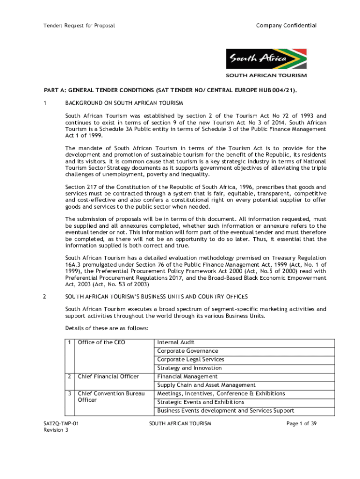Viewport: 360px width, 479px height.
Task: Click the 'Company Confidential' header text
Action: point(286,25)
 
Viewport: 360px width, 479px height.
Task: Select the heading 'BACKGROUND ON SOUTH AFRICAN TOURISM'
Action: point(124,102)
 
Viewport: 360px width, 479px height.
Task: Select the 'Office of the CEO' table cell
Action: point(101,342)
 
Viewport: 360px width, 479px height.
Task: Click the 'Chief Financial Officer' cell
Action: point(108,377)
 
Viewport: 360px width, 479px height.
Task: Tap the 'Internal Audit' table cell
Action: point(176,342)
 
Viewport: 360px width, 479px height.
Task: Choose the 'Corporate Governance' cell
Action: point(187,351)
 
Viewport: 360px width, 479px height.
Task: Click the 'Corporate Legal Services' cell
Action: point(190,359)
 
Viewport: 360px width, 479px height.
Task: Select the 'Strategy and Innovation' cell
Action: point(190,368)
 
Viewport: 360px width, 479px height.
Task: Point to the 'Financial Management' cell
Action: point(187,377)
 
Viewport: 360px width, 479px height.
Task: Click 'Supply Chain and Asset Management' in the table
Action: point(206,385)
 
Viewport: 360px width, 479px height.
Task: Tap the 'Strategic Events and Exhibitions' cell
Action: point(201,402)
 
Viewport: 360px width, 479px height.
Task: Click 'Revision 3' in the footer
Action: point(56,430)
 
